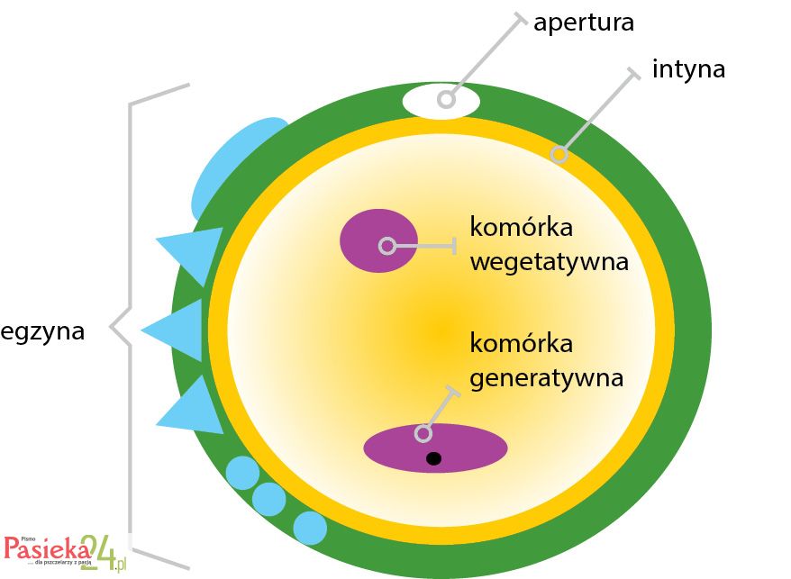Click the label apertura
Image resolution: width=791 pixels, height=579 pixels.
point(583,23)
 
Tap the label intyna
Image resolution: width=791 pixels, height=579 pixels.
point(688,69)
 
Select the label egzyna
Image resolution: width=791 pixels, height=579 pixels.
point(43,331)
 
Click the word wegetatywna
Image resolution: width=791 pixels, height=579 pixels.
point(549,262)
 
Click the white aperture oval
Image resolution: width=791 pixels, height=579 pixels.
point(441,101)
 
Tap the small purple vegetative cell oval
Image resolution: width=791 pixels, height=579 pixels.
point(378,240)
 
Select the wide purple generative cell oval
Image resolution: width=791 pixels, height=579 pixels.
point(435,447)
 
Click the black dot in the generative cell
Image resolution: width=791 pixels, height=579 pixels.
point(433,459)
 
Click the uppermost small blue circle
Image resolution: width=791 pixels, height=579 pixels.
point(241,472)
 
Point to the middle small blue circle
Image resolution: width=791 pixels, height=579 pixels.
point(268,498)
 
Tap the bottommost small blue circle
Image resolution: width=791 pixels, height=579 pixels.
point(310,528)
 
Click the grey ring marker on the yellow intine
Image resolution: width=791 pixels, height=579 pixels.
point(559,155)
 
